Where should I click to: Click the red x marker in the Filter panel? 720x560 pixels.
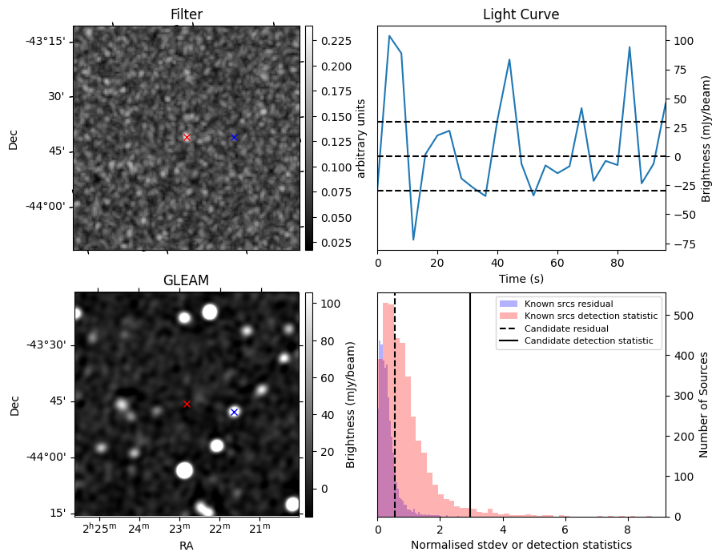click(x=187, y=137)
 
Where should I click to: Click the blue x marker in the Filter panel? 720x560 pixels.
click(x=234, y=137)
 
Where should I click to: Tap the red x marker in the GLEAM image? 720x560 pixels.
click(x=187, y=404)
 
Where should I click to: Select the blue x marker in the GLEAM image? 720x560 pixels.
click(x=234, y=412)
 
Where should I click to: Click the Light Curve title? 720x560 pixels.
click(x=521, y=15)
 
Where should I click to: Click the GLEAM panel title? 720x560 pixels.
click(x=186, y=280)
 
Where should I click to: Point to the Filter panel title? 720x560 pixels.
click(x=186, y=15)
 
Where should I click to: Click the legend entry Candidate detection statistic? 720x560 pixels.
click(x=588, y=341)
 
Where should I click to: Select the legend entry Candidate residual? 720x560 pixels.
click(x=566, y=328)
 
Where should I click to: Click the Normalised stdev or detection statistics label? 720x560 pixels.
click(x=521, y=545)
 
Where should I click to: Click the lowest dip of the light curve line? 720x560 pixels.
click(x=413, y=240)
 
